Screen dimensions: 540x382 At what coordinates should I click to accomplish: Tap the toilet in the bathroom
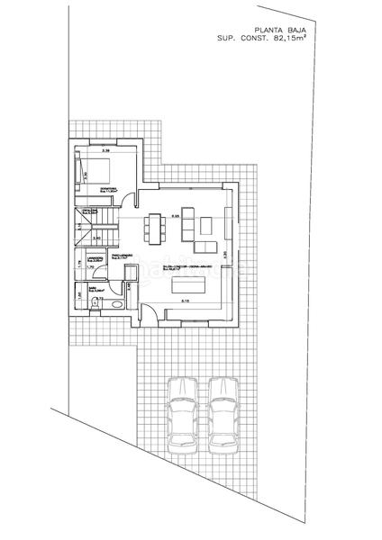pos(96,304)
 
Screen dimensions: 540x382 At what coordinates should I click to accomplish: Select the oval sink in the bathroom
pos(113,303)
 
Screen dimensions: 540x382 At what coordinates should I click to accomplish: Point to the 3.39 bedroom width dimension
pos(105,149)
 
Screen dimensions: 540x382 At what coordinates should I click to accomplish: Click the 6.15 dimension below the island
pos(185,300)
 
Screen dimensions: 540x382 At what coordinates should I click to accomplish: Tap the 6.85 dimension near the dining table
pos(177,217)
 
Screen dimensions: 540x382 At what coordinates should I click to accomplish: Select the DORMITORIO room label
pos(111,188)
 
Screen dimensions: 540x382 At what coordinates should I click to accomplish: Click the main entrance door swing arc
pos(152,314)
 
